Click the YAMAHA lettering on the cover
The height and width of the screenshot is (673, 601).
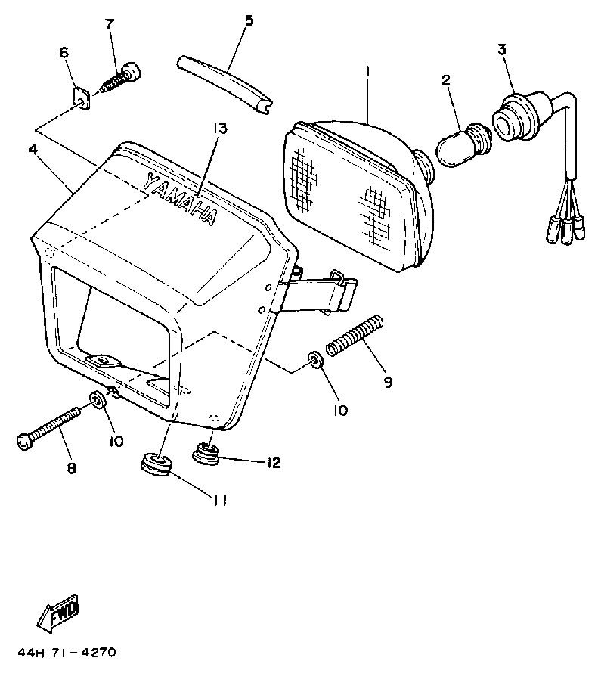(x=180, y=199)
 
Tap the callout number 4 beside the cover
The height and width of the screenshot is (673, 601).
(x=33, y=150)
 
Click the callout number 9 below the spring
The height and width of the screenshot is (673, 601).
(x=388, y=382)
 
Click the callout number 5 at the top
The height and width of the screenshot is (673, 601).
(x=248, y=20)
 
